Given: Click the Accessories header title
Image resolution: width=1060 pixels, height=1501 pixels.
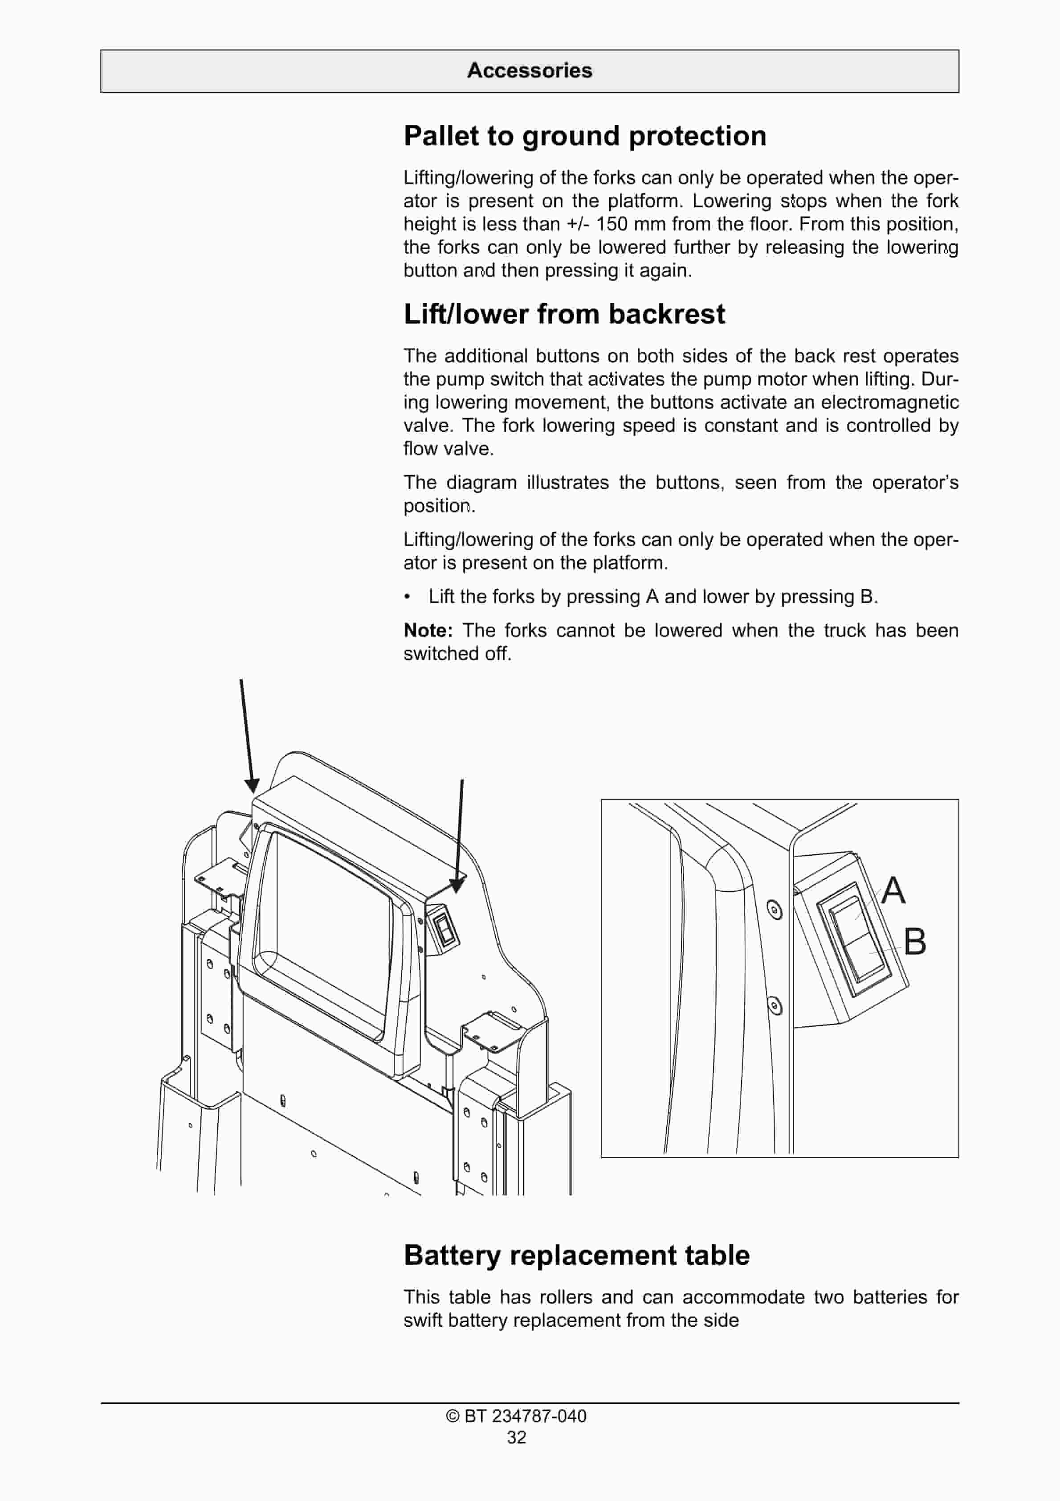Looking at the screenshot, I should click(530, 70).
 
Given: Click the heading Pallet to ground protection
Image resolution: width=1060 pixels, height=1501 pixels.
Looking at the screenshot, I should click(584, 136).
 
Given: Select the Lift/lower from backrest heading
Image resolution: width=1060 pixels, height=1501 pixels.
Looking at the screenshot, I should click(564, 315).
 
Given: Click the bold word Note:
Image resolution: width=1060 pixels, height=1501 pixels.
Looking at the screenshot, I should click(428, 631).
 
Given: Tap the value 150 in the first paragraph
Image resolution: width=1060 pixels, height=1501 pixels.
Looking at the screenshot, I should click(611, 224).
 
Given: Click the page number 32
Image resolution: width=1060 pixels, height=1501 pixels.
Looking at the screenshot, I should click(516, 1438).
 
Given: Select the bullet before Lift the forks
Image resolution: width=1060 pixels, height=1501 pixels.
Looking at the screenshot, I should click(407, 597).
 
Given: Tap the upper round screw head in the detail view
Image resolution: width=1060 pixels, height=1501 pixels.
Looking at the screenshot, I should click(775, 909).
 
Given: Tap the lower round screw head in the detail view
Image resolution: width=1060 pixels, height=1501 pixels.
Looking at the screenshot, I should click(775, 1005).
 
